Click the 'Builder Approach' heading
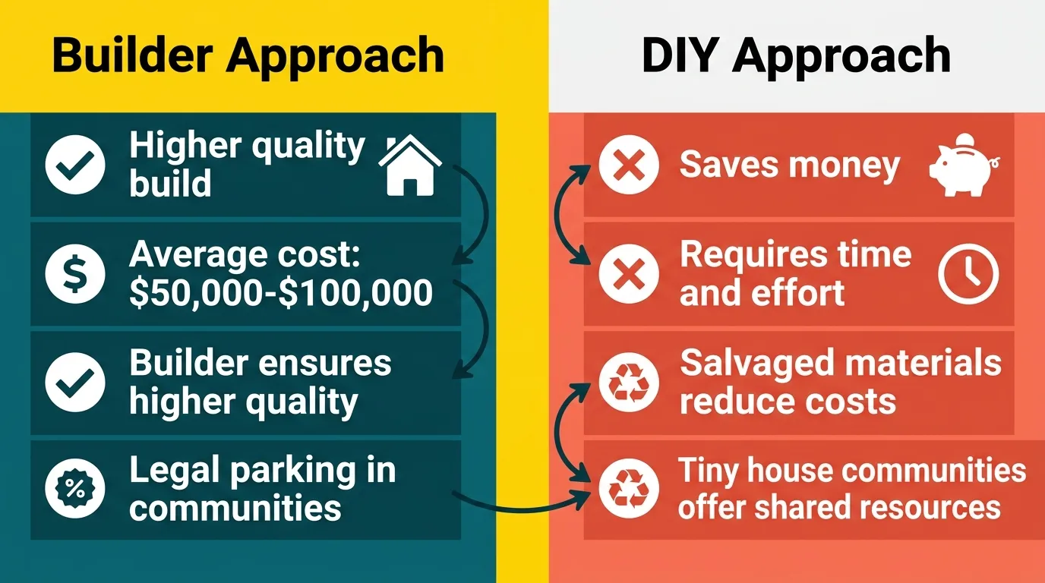[248, 55]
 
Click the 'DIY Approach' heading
[795, 55]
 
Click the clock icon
[968, 275]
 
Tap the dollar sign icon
[74, 275]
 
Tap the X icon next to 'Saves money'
[628, 165]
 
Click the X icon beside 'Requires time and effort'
[628, 275]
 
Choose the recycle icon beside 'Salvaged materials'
[628, 383]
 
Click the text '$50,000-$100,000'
[281, 293]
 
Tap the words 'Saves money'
[790, 165]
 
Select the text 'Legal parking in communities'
[262, 489]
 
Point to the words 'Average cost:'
[245, 256]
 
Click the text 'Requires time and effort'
[795, 274]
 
